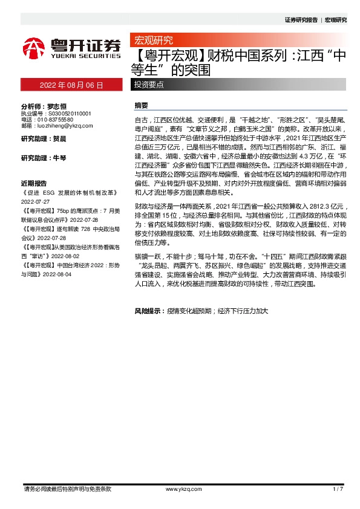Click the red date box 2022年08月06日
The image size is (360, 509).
click(71, 85)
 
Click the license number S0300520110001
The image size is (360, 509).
click(68, 113)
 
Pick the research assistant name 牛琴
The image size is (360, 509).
click(59, 158)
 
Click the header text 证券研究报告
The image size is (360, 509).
click(301, 20)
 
